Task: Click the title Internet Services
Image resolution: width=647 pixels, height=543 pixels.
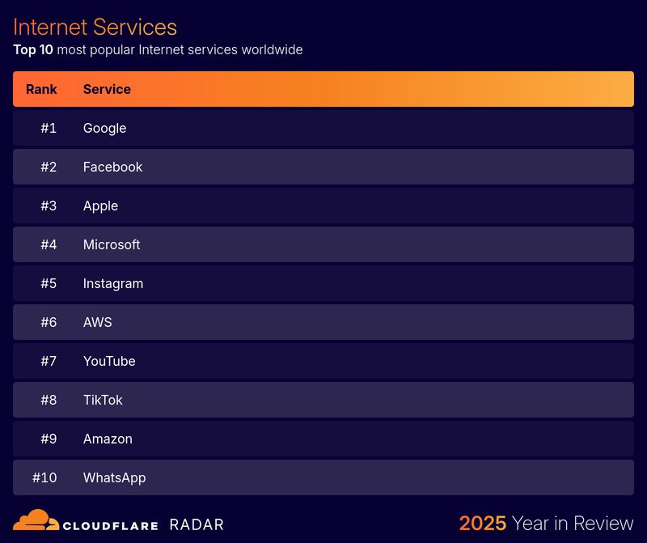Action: click(95, 27)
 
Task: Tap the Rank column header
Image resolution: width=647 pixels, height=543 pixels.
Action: click(41, 89)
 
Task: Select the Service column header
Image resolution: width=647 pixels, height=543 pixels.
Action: click(107, 89)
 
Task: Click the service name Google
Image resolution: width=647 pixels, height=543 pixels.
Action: click(104, 128)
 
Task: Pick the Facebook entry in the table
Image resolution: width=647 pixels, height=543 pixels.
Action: click(112, 167)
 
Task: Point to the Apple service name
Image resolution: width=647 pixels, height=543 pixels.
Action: click(100, 206)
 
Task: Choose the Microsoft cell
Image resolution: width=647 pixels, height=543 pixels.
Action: click(112, 244)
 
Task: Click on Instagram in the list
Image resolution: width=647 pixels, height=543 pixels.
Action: click(113, 283)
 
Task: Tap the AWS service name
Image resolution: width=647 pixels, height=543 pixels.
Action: click(97, 322)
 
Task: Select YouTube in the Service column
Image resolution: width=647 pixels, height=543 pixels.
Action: click(109, 361)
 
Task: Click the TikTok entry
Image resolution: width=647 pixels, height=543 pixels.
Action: click(103, 400)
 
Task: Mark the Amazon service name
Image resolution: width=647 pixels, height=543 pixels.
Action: click(108, 439)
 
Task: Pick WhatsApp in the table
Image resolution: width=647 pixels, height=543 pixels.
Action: click(114, 477)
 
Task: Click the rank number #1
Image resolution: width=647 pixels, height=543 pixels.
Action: click(49, 128)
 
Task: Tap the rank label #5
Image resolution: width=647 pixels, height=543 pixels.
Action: click(49, 283)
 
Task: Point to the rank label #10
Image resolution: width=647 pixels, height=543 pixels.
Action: click(44, 477)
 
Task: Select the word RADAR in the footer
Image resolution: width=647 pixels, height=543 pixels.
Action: click(197, 524)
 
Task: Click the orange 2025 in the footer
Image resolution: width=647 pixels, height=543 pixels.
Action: click(483, 523)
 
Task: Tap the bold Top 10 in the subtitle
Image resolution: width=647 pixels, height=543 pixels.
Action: click(33, 50)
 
